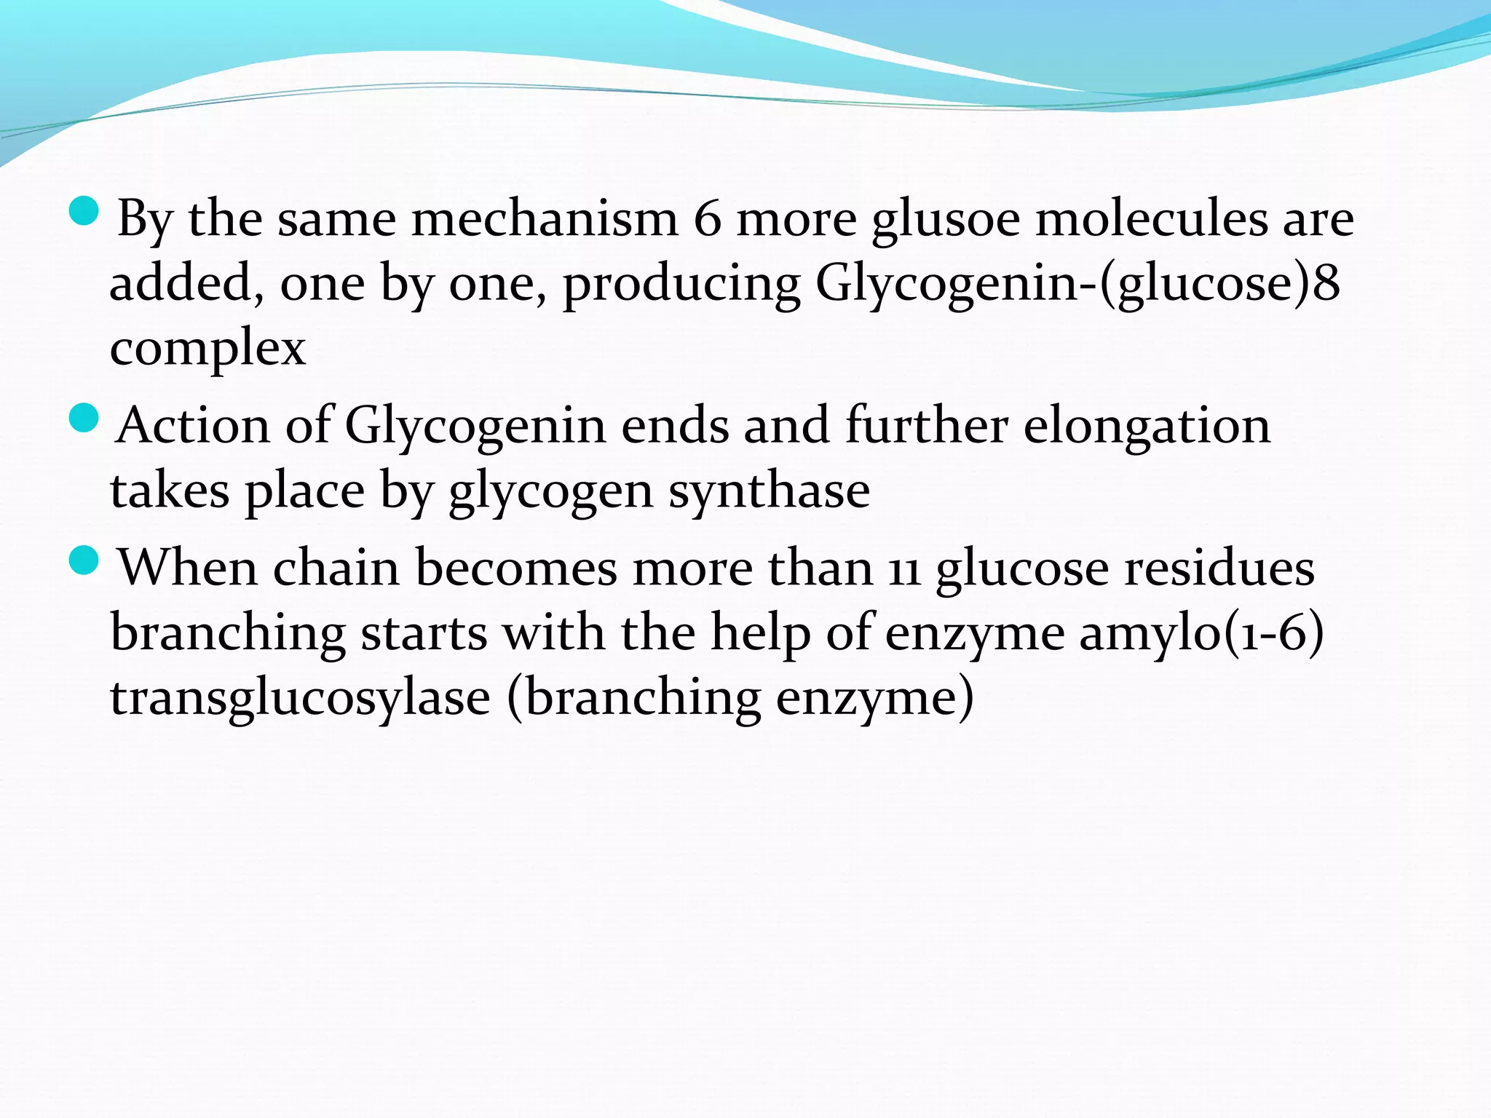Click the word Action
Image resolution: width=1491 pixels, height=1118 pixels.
[x=193, y=426]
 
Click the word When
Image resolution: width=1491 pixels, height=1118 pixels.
[x=187, y=568]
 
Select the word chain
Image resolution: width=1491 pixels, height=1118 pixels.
[x=336, y=568]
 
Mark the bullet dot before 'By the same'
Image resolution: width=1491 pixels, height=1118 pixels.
[x=84, y=211]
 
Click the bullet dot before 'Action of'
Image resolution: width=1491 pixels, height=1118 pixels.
[x=84, y=419]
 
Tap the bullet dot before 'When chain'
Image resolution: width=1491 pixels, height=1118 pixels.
[x=84, y=560]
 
